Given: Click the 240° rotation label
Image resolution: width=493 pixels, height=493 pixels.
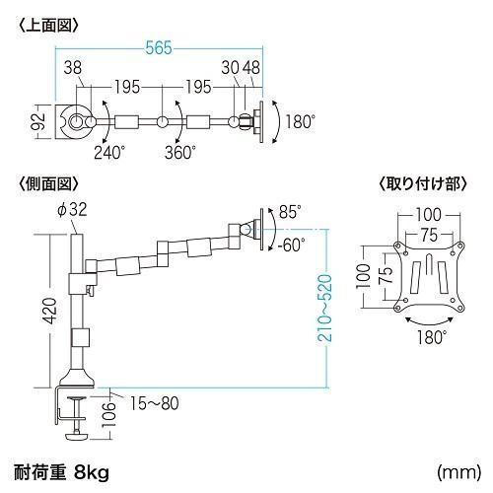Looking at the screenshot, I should point(110,152).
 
